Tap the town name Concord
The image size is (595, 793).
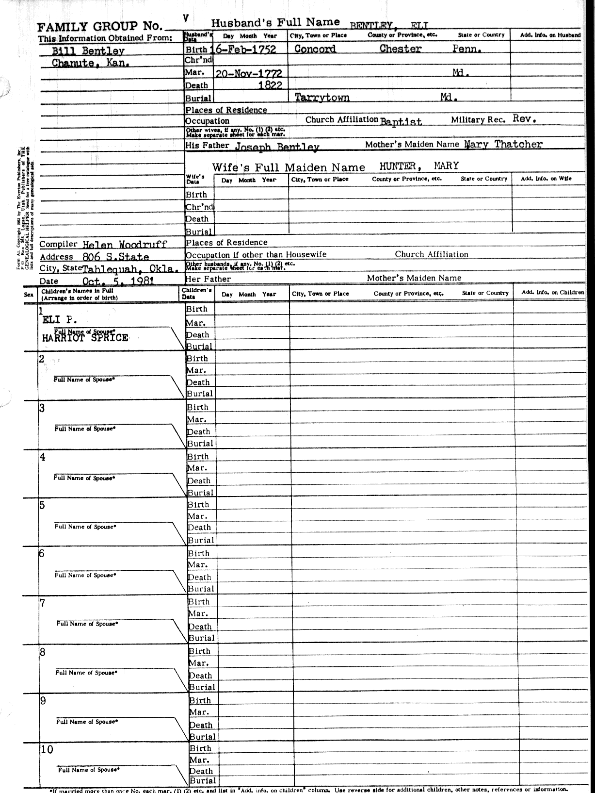tap(315, 49)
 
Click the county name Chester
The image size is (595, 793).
tap(400, 49)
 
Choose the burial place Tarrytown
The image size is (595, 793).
tap(322, 98)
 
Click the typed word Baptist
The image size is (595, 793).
tap(401, 121)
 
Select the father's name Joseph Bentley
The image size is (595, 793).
tap(277, 147)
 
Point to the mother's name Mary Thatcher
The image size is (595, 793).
tap(503, 144)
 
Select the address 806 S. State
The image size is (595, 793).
tap(116, 257)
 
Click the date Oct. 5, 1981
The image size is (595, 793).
tap(118, 281)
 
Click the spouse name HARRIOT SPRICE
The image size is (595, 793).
tap(85, 338)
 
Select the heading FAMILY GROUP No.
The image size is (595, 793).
tap(99, 27)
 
